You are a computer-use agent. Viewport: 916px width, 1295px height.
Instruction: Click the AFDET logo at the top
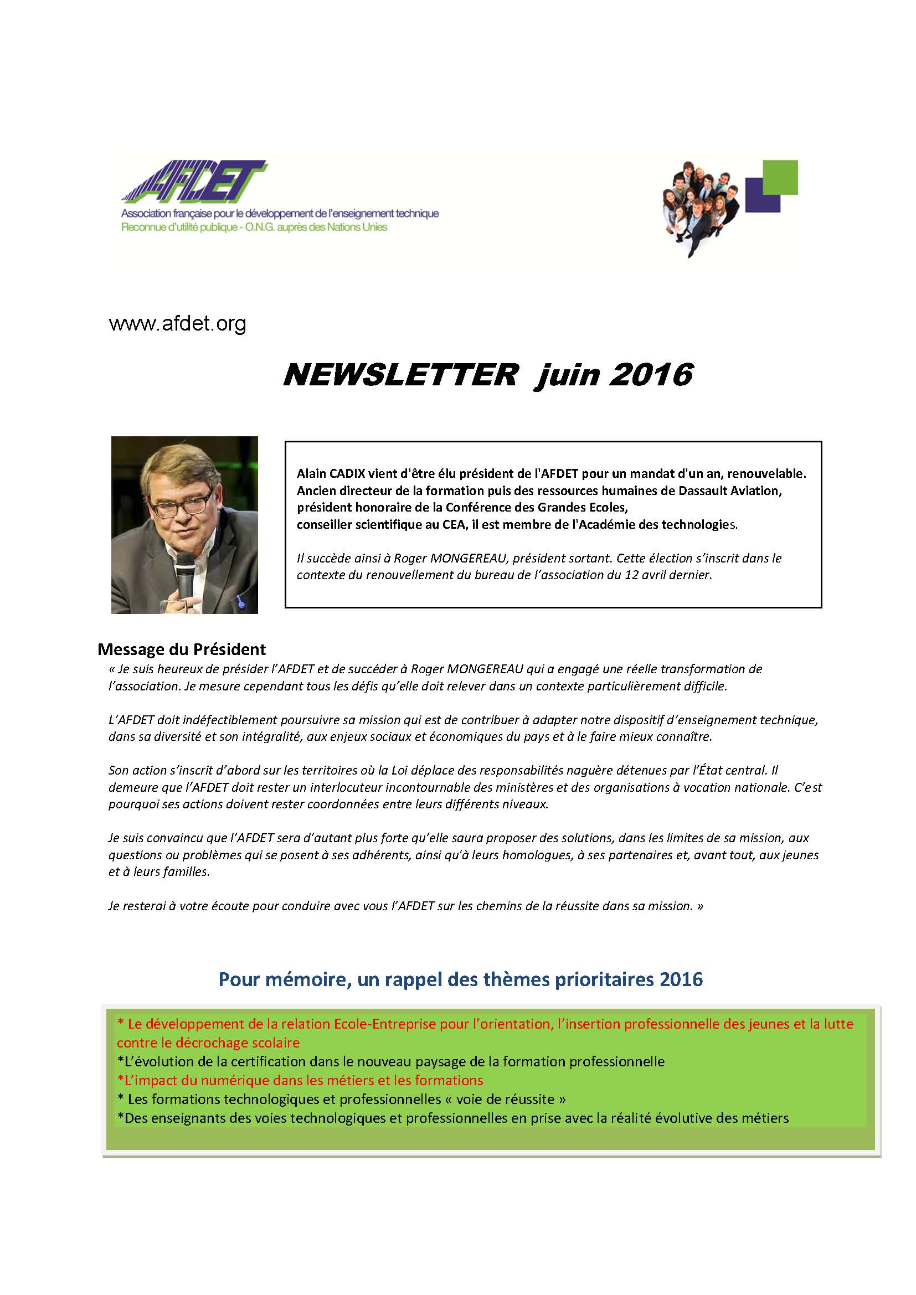[x=194, y=182]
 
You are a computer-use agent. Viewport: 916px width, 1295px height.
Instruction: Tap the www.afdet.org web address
[x=178, y=324]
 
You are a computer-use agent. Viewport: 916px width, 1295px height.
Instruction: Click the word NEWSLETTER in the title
[x=400, y=374]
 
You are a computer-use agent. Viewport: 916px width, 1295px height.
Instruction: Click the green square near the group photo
[x=780, y=177]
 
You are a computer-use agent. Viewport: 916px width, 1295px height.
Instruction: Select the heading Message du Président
[x=182, y=649]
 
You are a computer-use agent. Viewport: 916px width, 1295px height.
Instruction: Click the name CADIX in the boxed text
[x=346, y=474]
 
